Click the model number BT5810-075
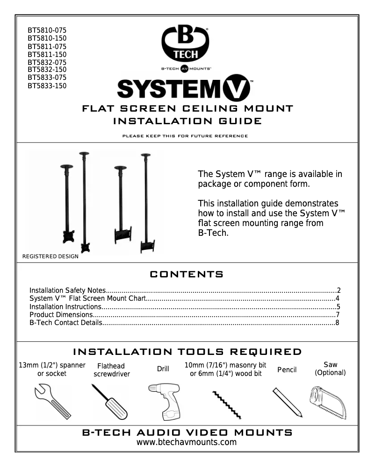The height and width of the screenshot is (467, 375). tap(47, 30)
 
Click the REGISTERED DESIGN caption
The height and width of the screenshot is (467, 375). tap(50, 256)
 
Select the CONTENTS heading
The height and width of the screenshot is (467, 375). tap(187, 274)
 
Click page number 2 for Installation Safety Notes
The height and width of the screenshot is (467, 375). tap(338, 290)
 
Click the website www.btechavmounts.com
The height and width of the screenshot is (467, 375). tap(187, 442)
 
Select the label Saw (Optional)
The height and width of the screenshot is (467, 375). tap(330, 368)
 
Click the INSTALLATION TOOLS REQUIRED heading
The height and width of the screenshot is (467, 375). tap(187, 352)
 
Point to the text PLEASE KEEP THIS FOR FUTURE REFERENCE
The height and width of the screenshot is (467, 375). tap(185, 136)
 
